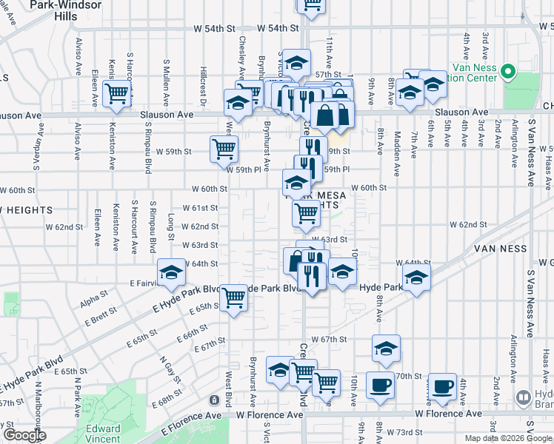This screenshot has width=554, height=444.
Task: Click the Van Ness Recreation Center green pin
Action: (507, 73)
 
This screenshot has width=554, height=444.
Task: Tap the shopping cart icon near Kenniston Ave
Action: (117, 93)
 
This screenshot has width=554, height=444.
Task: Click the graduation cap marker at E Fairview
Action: (171, 272)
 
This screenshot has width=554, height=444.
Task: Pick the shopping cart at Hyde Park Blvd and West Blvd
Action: (234, 297)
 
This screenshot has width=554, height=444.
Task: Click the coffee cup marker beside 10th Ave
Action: (381, 386)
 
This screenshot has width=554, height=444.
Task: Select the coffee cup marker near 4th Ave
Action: (443, 386)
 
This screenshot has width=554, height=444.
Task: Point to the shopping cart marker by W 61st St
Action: (306, 213)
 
